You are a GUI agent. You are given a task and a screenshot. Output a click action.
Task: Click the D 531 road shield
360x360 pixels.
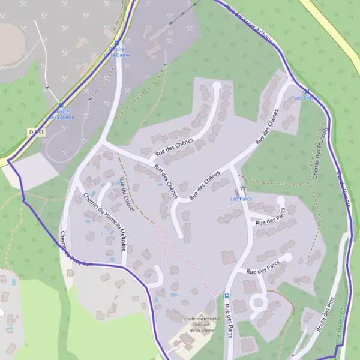coord(36,131)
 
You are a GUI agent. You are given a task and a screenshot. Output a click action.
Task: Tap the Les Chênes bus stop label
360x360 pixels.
coord(307,98)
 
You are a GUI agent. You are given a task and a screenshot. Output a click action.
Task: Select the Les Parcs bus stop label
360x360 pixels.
coord(241,198)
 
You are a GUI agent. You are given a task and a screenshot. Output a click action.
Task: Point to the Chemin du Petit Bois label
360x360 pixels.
coord(76,250)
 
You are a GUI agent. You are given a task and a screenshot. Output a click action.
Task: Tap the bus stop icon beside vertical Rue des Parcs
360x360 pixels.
coord(227,296)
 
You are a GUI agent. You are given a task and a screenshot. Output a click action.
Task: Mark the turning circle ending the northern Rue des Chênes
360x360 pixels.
coord(217,86)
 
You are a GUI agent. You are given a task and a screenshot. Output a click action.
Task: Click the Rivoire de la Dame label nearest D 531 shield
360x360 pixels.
coord(62,114)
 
